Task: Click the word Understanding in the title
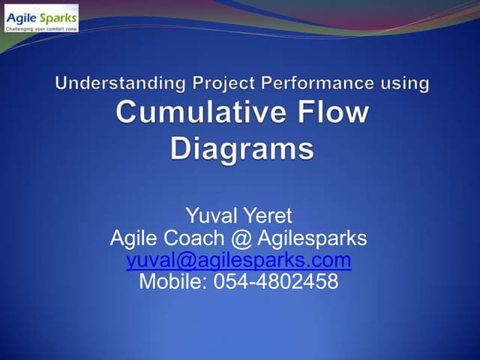(109, 83)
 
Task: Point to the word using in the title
(406, 83)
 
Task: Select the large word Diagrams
(241, 147)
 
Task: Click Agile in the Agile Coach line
(133, 239)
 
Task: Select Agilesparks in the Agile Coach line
(312, 239)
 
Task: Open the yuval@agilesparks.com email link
(238, 260)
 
